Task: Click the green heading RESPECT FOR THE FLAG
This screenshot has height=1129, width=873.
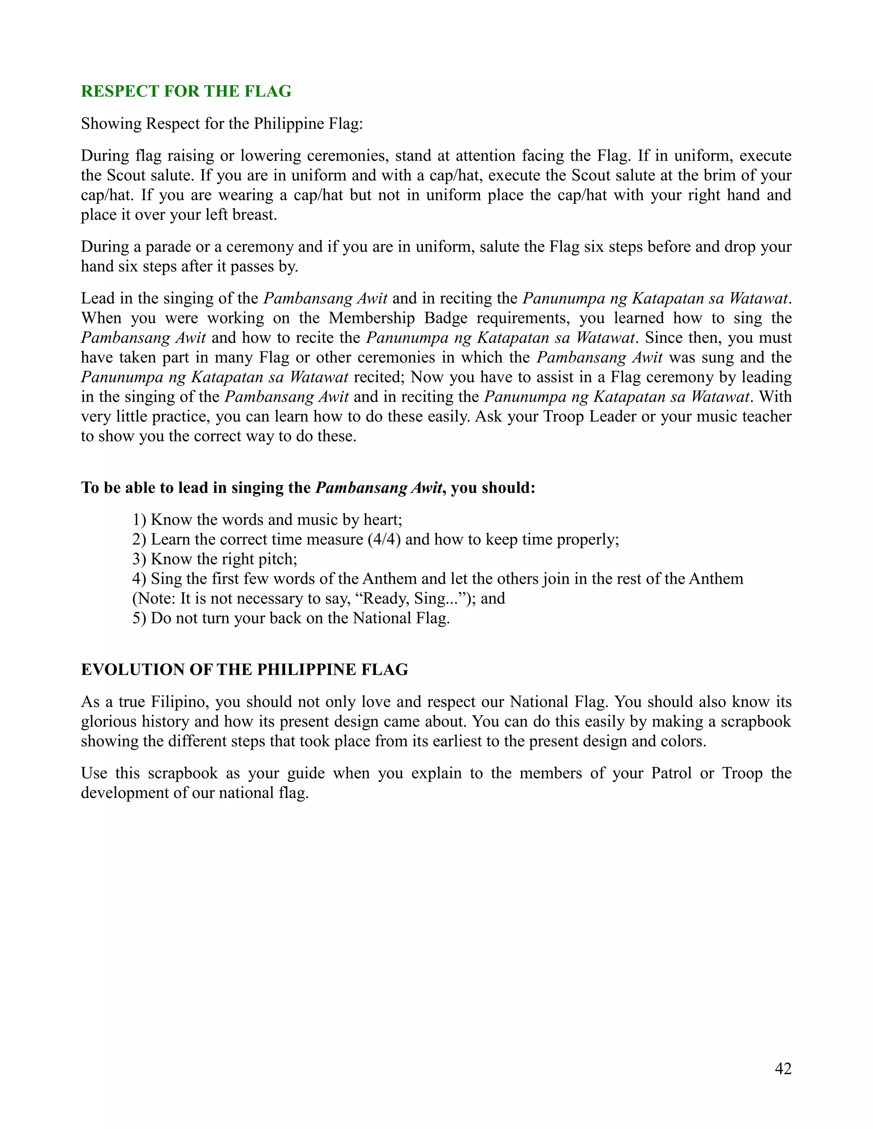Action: click(x=186, y=92)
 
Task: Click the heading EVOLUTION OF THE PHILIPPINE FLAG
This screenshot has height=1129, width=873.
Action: click(x=244, y=669)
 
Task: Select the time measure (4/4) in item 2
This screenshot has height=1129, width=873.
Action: click(x=384, y=540)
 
